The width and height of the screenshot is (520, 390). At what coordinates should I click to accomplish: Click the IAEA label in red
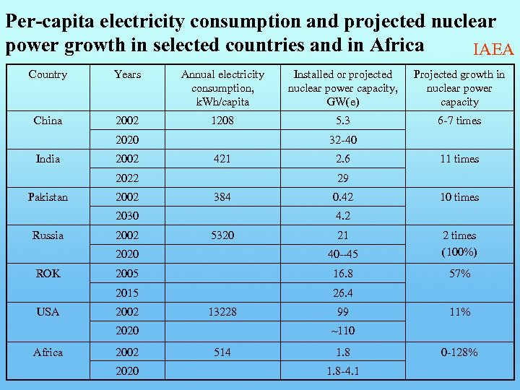tap(493, 49)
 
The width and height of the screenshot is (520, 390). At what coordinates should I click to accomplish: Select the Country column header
tap(48, 74)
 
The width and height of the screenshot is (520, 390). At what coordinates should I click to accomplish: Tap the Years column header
tap(127, 74)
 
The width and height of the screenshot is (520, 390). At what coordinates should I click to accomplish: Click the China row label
tap(48, 121)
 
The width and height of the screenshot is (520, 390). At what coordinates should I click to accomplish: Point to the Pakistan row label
tap(48, 196)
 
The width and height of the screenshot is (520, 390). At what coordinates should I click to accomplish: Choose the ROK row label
tap(48, 274)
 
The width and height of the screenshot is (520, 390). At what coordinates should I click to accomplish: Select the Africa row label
tap(48, 352)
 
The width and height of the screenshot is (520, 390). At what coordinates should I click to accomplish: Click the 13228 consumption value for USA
tap(222, 312)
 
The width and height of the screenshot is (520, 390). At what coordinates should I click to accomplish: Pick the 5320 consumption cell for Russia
tap(222, 235)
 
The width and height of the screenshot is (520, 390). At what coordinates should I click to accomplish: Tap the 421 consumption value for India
tap(222, 159)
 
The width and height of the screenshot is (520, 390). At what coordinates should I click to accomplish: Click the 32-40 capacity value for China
tap(342, 140)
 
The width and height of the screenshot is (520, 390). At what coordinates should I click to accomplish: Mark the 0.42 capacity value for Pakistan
tap(342, 196)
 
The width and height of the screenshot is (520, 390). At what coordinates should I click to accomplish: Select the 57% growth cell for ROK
tap(459, 274)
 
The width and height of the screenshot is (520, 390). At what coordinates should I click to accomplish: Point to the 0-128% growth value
tap(459, 352)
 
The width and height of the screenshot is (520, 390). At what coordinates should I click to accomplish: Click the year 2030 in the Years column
tap(127, 215)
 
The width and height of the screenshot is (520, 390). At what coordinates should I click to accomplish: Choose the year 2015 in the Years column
tap(127, 293)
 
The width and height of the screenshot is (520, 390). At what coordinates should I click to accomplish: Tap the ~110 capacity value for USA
tap(342, 331)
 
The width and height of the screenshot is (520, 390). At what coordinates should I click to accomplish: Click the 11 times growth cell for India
tap(459, 159)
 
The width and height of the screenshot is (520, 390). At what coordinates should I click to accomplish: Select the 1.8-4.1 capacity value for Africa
tap(342, 370)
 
